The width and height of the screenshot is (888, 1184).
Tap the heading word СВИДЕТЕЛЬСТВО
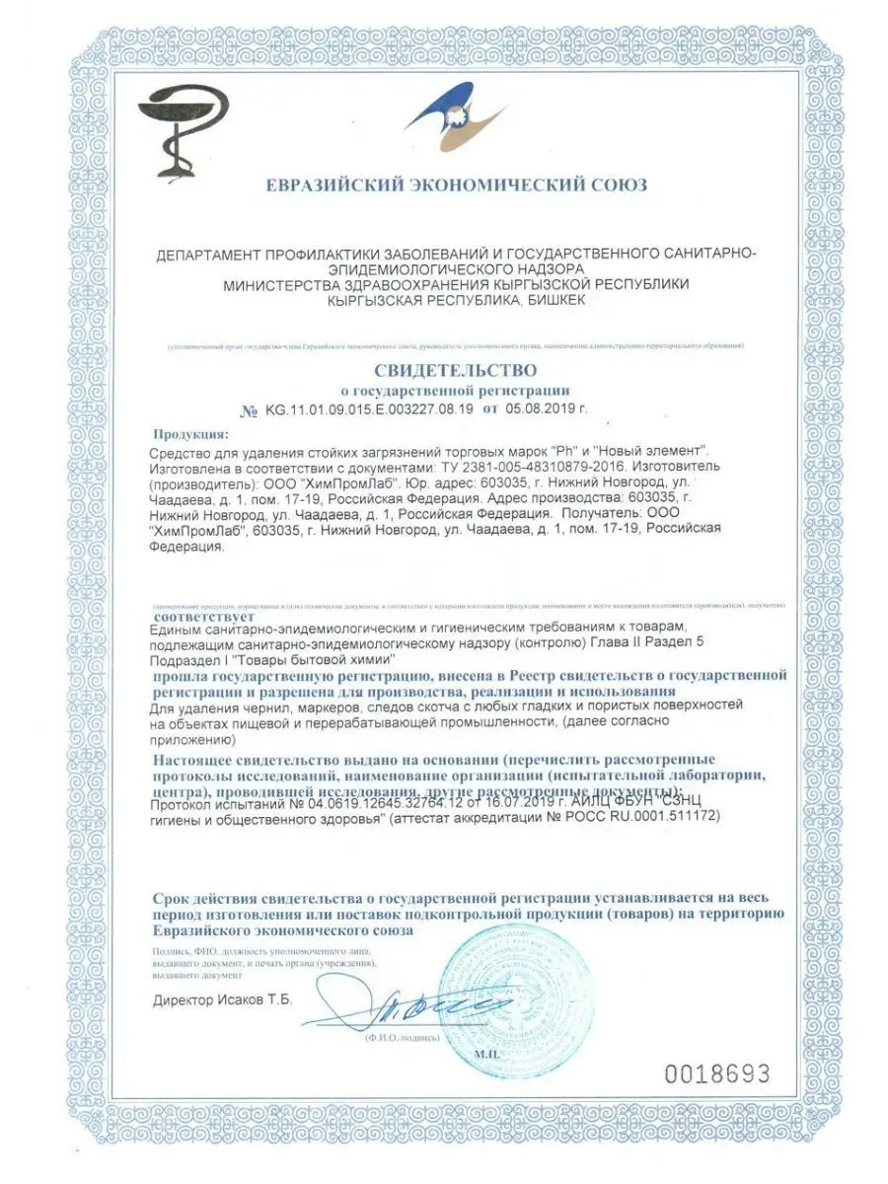click(455, 371)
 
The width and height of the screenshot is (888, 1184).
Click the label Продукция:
click(189, 433)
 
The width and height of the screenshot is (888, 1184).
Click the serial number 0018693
click(718, 1074)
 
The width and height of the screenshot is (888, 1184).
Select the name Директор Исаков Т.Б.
click(223, 999)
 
